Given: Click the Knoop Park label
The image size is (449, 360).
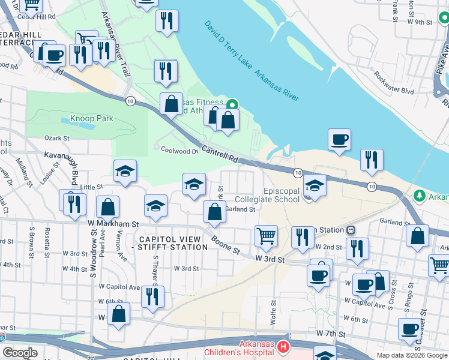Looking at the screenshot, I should (x=92, y=119).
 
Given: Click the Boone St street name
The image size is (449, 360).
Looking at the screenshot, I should (x=225, y=244).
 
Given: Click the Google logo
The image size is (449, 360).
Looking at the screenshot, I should (x=20, y=353).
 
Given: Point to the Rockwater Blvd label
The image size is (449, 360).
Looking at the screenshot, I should (x=394, y=83).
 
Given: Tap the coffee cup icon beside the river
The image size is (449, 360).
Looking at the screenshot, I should (x=339, y=140).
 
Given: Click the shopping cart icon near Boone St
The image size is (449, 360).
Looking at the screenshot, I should (x=265, y=236).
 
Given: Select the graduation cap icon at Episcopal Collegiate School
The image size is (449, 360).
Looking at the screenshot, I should (x=314, y=185).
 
